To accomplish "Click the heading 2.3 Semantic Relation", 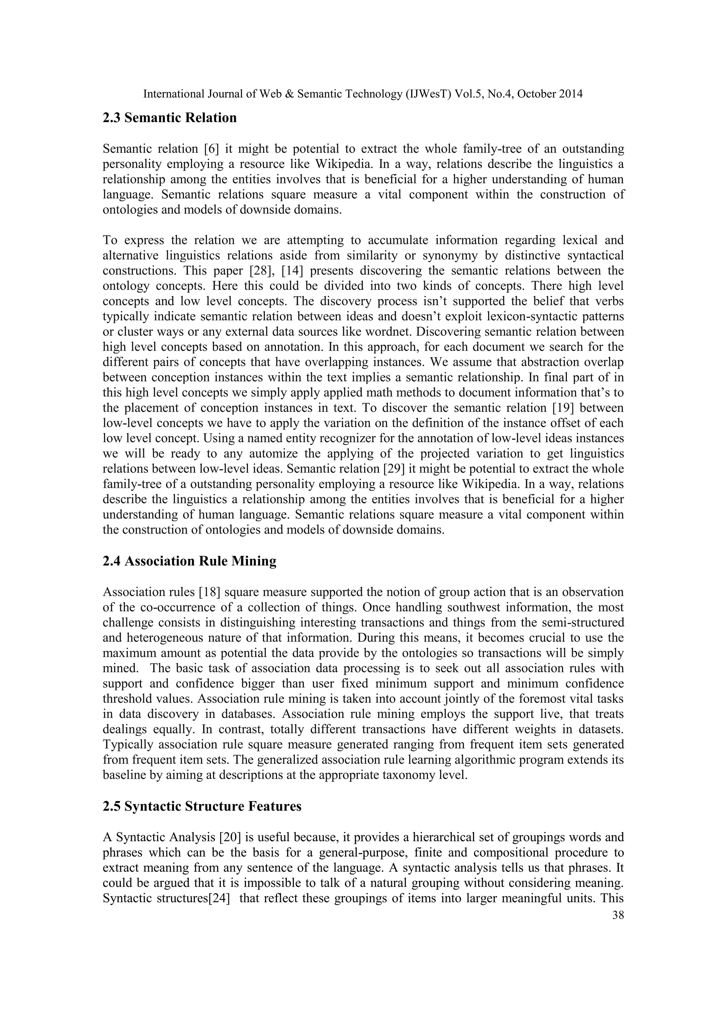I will pyautogui.click(x=169, y=118).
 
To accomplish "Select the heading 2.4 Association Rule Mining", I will pyautogui.click(x=189, y=561).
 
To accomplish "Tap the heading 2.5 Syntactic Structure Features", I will pyautogui.click(x=202, y=806).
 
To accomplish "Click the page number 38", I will pyautogui.click(x=618, y=916).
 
